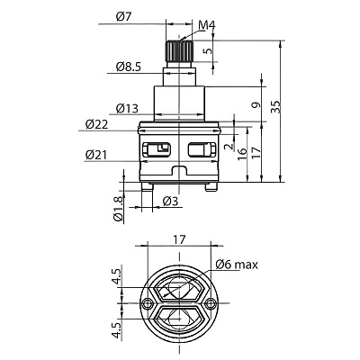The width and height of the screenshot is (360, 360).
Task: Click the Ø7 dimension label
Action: tap(124, 16)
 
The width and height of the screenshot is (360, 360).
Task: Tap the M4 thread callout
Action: tap(207, 26)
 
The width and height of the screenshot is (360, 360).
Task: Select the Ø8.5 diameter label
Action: tap(129, 67)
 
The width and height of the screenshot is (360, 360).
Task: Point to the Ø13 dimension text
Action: tap(127, 108)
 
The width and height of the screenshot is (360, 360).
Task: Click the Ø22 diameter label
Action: tap(96, 124)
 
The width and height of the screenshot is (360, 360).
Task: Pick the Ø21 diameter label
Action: tap(96, 155)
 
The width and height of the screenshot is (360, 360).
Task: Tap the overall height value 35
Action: tap(276, 107)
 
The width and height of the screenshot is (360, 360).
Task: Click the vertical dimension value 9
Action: tap(256, 105)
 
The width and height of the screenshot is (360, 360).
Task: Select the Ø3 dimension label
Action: tap(170, 202)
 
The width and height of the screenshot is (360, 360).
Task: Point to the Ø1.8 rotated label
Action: tap(118, 209)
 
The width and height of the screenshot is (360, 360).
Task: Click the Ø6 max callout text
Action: tap(237, 265)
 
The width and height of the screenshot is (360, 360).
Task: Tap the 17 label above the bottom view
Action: tap(179, 239)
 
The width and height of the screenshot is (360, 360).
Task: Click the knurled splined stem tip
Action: tap(179, 50)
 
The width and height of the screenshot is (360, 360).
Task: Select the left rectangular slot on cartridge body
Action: tap(157, 149)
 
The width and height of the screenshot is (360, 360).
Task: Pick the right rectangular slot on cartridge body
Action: tap(202, 149)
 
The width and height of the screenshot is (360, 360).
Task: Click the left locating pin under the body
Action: tap(148, 186)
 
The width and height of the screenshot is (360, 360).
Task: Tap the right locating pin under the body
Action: tap(211, 186)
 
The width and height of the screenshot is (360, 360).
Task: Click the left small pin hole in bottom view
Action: tap(147, 303)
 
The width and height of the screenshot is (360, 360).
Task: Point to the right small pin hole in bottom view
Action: tap(211, 303)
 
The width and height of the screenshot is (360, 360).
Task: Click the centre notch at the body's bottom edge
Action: tap(179, 170)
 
